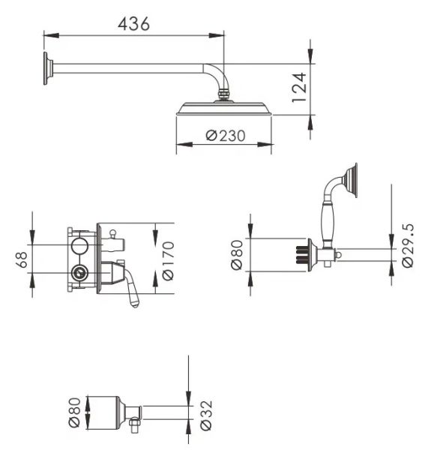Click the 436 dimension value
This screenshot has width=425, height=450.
pyautogui.click(x=133, y=24)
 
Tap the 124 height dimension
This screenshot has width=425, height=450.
pyautogui.click(x=299, y=88)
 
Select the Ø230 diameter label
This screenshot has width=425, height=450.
pyautogui.click(x=226, y=136)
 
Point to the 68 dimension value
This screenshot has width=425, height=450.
pyautogui.click(x=22, y=259)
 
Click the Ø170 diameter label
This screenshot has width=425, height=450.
pyautogui.click(x=168, y=261)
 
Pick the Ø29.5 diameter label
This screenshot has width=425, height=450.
pyautogui.click(x=408, y=246)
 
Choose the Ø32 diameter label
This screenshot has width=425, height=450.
pyautogui.click(x=206, y=415)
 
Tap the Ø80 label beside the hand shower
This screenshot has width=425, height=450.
pyautogui.click(x=237, y=255)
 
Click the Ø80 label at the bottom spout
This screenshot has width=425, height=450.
pyautogui.click(x=74, y=412)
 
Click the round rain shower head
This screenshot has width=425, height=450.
pyautogui.click(x=223, y=109)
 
